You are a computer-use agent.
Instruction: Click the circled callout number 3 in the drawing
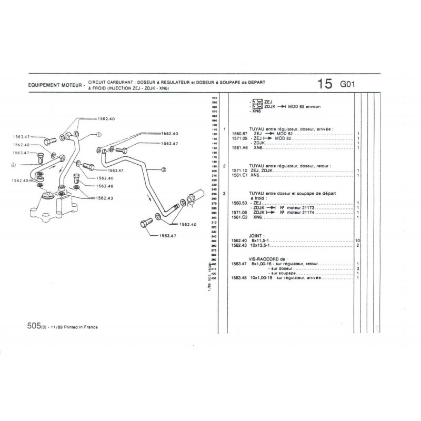coord(164,169)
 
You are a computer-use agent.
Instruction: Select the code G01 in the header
coord(348,85)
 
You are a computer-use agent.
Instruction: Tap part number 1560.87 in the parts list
coord(239,133)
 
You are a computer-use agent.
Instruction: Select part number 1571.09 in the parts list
coord(239,138)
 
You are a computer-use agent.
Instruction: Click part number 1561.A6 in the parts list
coord(239,147)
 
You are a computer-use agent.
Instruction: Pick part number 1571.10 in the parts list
coord(239,170)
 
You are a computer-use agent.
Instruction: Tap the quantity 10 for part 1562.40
coord(357,240)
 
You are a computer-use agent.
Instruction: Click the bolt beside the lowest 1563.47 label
coord(146,223)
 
